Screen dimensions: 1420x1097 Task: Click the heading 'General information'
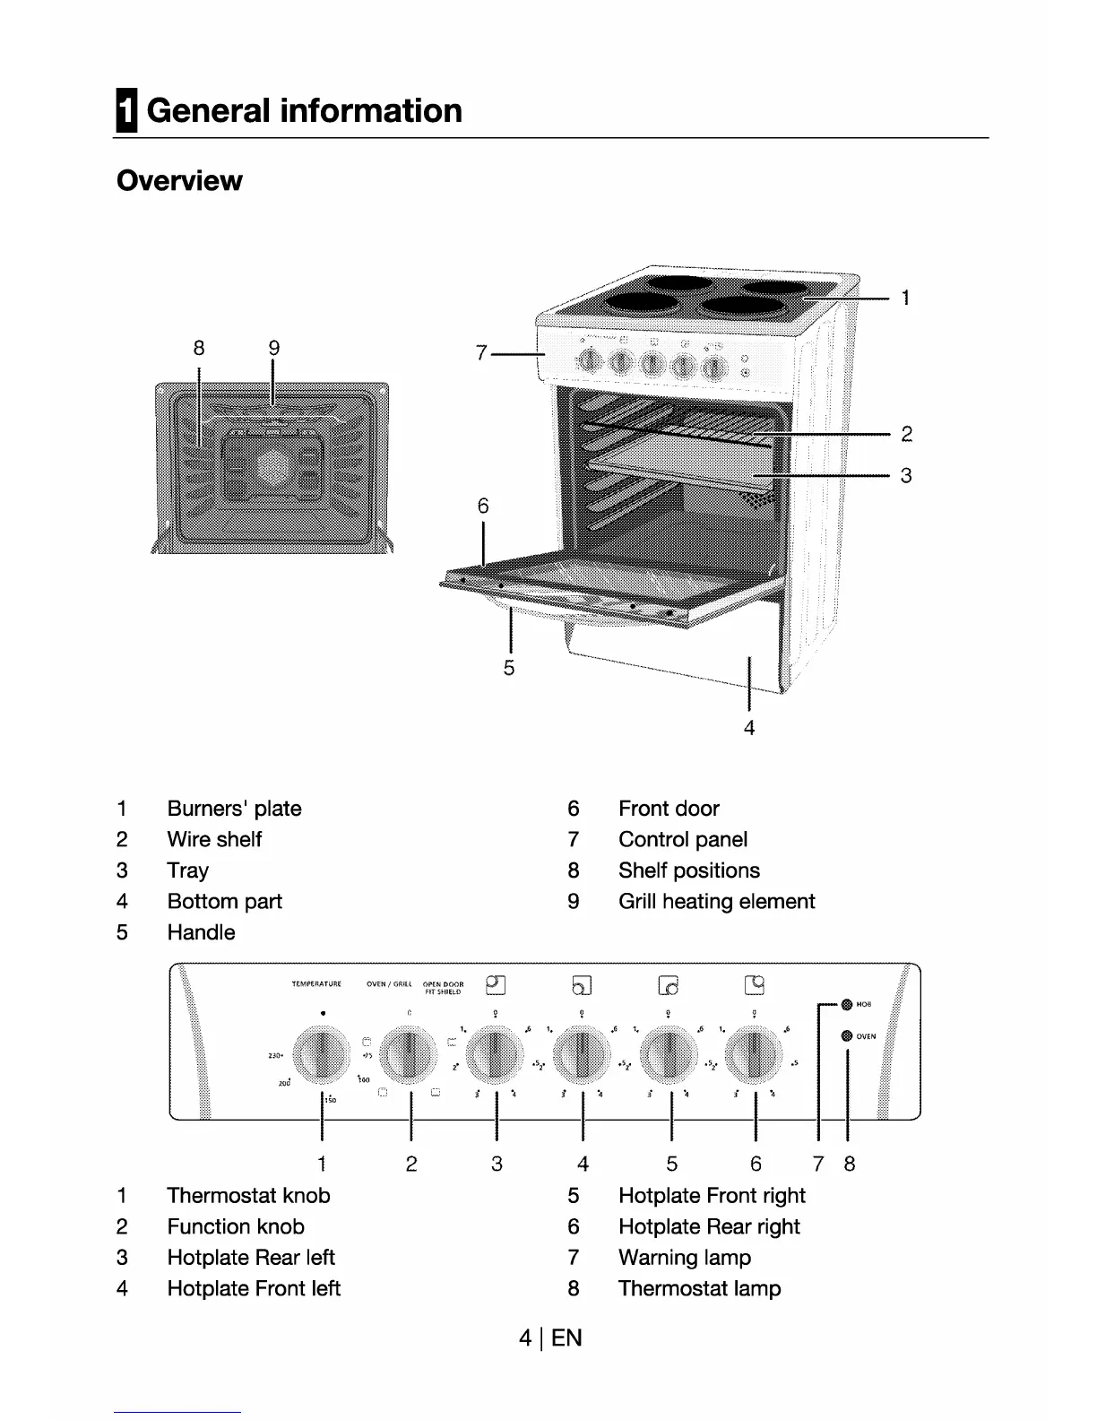coord(304,111)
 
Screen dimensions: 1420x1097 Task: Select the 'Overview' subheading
coord(179,180)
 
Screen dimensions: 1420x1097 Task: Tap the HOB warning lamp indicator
coord(846,1005)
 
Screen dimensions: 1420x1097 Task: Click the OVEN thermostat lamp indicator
coord(846,1035)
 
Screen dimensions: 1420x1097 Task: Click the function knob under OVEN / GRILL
coord(409,1055)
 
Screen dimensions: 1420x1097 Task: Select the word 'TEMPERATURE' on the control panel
coord(316,984)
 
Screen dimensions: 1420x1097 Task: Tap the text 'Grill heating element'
coord(716,901)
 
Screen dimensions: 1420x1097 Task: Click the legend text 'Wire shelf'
coord(214,839)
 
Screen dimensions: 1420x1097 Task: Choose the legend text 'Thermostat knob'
coord(248,1195)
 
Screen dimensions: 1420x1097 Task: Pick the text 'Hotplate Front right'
coord(712,1195)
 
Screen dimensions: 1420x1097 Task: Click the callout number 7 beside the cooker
coord(481,354)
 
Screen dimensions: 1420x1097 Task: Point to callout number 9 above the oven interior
coord(274,348)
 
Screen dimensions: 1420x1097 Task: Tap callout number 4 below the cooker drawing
coord(749,728)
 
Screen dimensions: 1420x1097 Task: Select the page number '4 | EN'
coord(549,1338)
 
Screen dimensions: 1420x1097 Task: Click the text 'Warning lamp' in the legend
coord(685,1257)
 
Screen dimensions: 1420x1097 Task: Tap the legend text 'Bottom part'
coord(224,901)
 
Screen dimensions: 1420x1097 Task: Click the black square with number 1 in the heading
coord(126,111)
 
